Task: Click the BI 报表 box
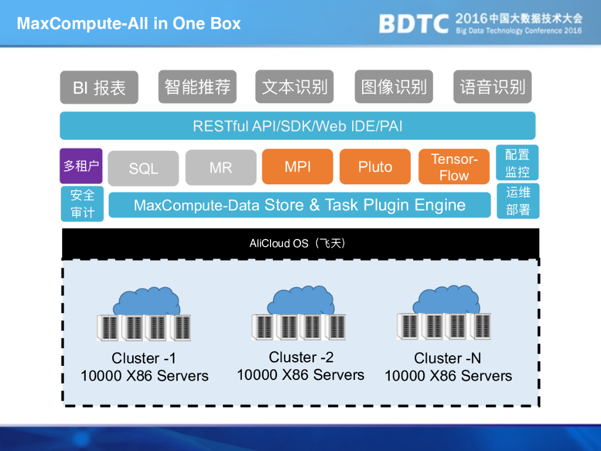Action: pyautogui.click(x=99, y=87)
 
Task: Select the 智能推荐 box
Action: pyautogui.click(x=197, y=86)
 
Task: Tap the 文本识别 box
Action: pyautogui.click(x=295, y=86)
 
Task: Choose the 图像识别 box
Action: pyautogui.click(x=394, y=86)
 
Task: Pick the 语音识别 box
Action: pyautogui.click(x=492, y=86)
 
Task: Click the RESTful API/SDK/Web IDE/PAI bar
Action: pyautogui.click(x=298, y=126)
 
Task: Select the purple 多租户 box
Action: pyautogui.click(x=81, y=166)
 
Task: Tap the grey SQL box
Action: pyautogui.click(x=144, y=169)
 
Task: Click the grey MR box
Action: pyautogui.click(x=221, y=167)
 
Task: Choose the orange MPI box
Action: pyautogui.click(x=298, y=167)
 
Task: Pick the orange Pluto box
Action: pyautogui.click(x=375, y=167)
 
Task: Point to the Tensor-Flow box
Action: pyautogui.click(x=454, y=167)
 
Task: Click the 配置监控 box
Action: pyautogui.click(x=517, y=163)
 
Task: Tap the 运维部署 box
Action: pyautogui.click(x=518, y=201)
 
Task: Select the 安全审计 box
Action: pyautogui.click(x=82, y=203)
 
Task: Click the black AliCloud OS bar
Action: pyautogui.click(x=300, y=243)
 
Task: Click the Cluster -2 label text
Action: pyautogui.click(x=300, y=357)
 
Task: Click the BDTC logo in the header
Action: pyautogui.click(x=413, y=23)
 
